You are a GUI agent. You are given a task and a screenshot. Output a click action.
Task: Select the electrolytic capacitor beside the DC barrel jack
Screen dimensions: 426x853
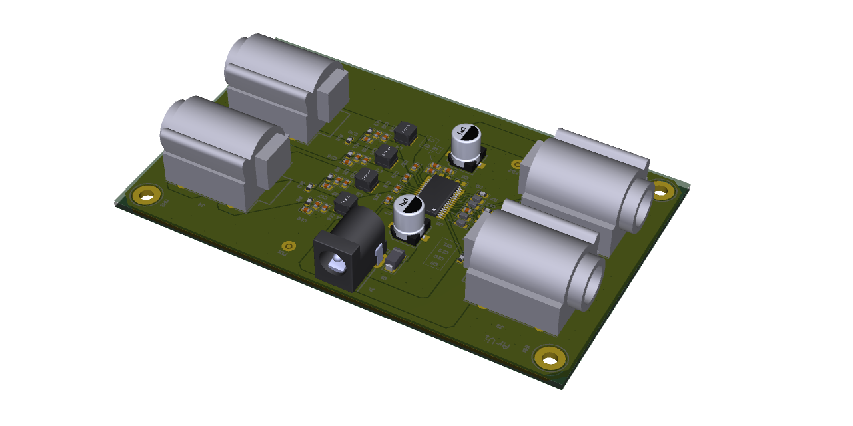click(409, 216)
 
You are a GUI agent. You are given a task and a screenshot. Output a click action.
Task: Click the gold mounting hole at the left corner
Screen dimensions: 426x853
click(146, 195)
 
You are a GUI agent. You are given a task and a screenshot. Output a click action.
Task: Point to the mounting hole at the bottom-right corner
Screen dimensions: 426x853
click(550, 358)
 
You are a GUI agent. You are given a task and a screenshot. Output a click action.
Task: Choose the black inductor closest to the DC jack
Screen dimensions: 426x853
click(346, 200)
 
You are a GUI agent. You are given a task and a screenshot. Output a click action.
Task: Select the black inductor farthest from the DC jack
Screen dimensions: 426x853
click(405, 132)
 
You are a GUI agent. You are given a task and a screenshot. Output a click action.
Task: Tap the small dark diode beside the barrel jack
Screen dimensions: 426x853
click(395, 258)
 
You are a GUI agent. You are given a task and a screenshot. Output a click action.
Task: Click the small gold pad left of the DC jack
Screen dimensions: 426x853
click(288, 246)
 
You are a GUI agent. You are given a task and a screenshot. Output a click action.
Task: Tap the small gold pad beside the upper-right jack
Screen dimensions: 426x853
click(516, 164)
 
